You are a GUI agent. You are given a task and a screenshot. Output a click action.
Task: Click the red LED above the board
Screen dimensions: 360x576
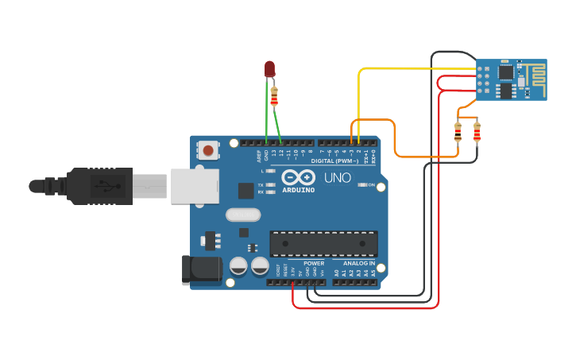point(269,69)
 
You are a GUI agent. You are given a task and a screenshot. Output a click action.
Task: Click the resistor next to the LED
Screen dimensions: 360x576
point(275,96)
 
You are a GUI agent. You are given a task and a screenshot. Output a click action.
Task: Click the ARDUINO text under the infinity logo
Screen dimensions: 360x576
point(299,190)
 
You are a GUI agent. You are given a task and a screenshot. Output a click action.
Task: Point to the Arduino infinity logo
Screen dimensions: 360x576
point(298,177)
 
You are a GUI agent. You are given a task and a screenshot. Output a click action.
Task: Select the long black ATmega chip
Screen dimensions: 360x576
point(323,243)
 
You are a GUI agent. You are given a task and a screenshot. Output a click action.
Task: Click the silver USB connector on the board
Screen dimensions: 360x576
point(194,186)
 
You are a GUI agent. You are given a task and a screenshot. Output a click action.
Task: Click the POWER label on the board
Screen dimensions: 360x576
point(313,263)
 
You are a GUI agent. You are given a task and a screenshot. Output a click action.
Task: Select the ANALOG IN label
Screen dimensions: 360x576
point(358,263)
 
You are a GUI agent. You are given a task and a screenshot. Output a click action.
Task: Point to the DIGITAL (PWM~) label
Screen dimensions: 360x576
point(334,160)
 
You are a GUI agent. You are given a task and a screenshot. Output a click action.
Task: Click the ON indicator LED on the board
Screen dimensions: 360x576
point(363,184)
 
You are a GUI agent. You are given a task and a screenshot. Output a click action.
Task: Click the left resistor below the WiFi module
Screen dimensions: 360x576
point(458,132)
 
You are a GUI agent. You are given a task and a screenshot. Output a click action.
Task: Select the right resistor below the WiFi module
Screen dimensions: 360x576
point(477,132)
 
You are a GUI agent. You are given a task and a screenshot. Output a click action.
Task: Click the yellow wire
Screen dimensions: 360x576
point(397,69)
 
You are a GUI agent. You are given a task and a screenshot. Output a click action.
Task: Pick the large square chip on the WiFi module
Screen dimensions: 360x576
point(505,72)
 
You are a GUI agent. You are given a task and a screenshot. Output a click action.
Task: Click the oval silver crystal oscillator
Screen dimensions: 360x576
point(242,215)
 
